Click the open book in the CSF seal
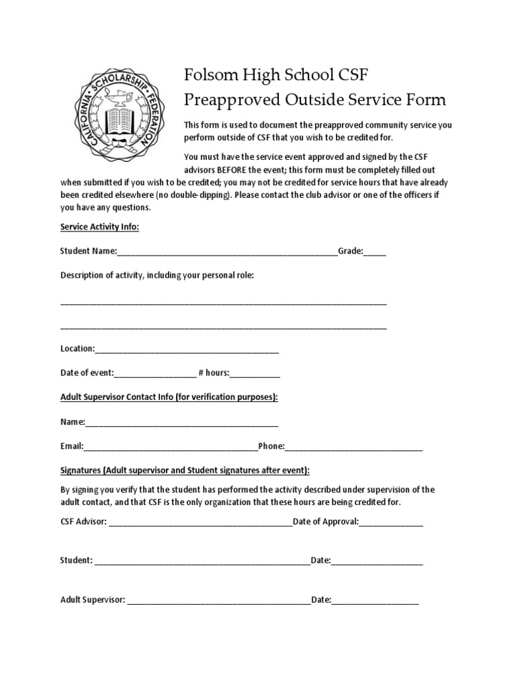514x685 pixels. (x=120, y=120)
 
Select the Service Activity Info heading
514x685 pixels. (x=100, y=227)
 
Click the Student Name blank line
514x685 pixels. (x=227, y=253)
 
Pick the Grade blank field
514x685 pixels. (x=375, y=253)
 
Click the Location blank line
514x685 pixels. (x=187, y=350)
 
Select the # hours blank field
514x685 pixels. (x=255, y=373)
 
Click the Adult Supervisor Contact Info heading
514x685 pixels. (x=169, y=397)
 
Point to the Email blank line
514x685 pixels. (x=171, y=447)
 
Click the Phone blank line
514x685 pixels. (x=354, y=447)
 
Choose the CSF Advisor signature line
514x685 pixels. (x=200, y=522)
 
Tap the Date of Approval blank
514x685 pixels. (x=392, y=522)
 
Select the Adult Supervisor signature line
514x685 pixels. (x=219, y=601)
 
